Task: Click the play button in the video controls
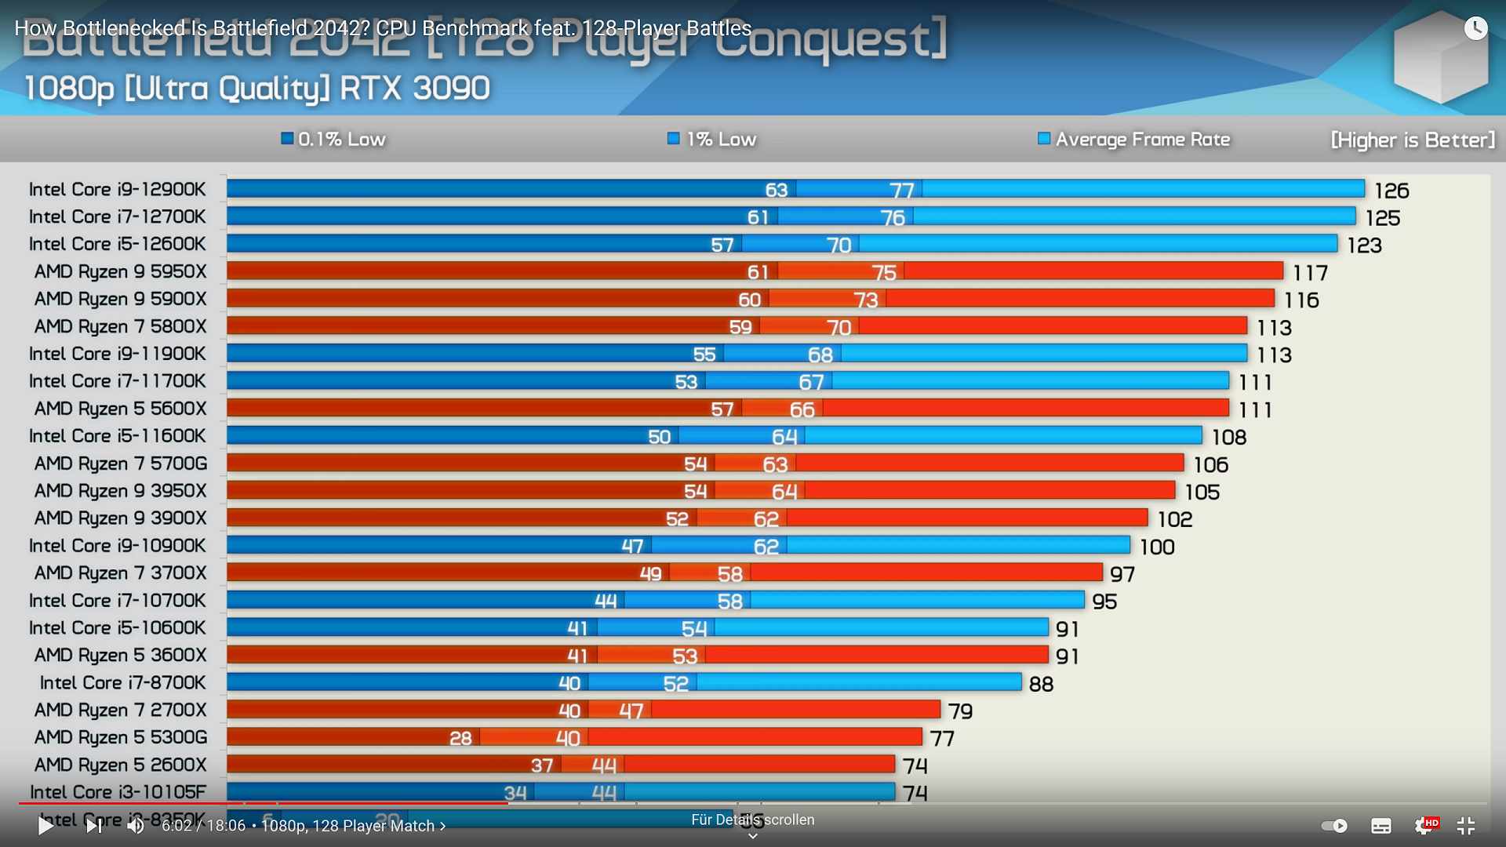click(45, 825)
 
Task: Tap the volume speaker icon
click(136, 825)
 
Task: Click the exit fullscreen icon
click(1465, 825)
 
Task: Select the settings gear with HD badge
click(1424, 825)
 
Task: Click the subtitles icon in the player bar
click(1380, 825)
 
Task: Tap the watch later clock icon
click(1475, 29)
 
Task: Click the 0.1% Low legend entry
click(333, 140)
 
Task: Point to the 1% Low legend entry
click(711, 140)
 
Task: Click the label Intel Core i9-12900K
click(118, 190)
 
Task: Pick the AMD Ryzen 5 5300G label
click(121, 737)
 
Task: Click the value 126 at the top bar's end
click(1391, 191)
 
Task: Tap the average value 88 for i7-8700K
click(1041, 684)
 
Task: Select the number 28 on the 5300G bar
click(460, 738)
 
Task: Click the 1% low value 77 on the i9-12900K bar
click(901, 191)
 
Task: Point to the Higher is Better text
click(1413, 140)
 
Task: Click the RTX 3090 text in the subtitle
click(415, 89)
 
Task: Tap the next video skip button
click(93, 825)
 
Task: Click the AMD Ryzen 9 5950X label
click(121, 272)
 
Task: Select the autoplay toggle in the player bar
click(1334, 825)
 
